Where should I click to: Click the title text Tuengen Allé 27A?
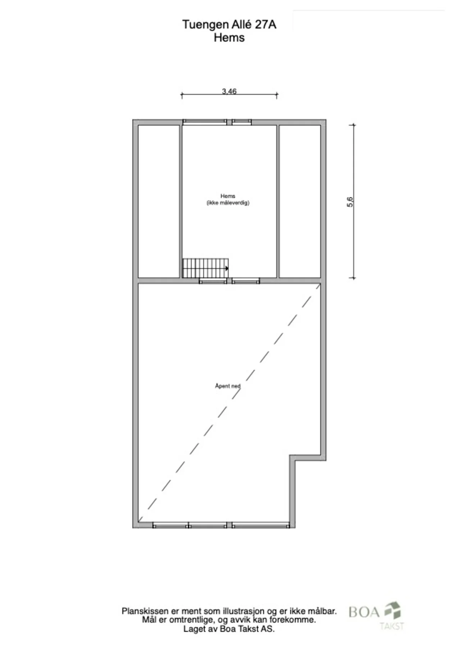point(229,24)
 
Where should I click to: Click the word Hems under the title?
point(229,37)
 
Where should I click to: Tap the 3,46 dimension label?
point(229,91)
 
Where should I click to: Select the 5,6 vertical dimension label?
point(350,202)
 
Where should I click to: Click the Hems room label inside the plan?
point(228,196)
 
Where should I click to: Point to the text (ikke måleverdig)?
point(228,203)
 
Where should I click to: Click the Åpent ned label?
point(228,386)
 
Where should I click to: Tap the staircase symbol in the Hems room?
point(205,268)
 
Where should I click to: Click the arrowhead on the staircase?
point(227,268)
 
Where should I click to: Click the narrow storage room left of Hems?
point(159,201)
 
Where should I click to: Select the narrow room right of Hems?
point(300,201)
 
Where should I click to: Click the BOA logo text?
point(364,612)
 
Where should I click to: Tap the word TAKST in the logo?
point(392,626)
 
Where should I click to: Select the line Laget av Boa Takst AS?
point(229,629)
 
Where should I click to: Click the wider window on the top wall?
point(205,122)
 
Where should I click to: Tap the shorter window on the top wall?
point(241,122)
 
